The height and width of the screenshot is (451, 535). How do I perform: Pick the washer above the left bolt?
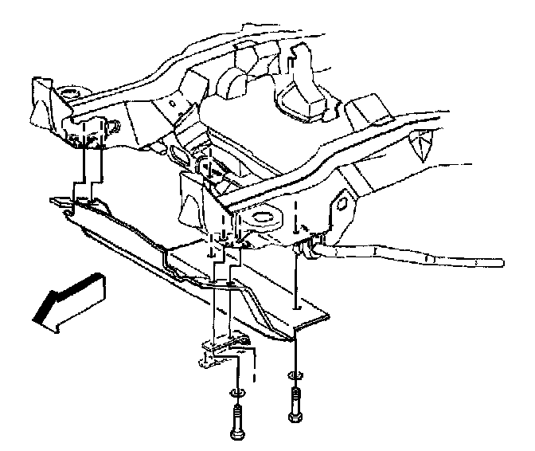(x=236, y=393)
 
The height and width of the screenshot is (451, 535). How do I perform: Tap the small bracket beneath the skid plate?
(x=223, y=351)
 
